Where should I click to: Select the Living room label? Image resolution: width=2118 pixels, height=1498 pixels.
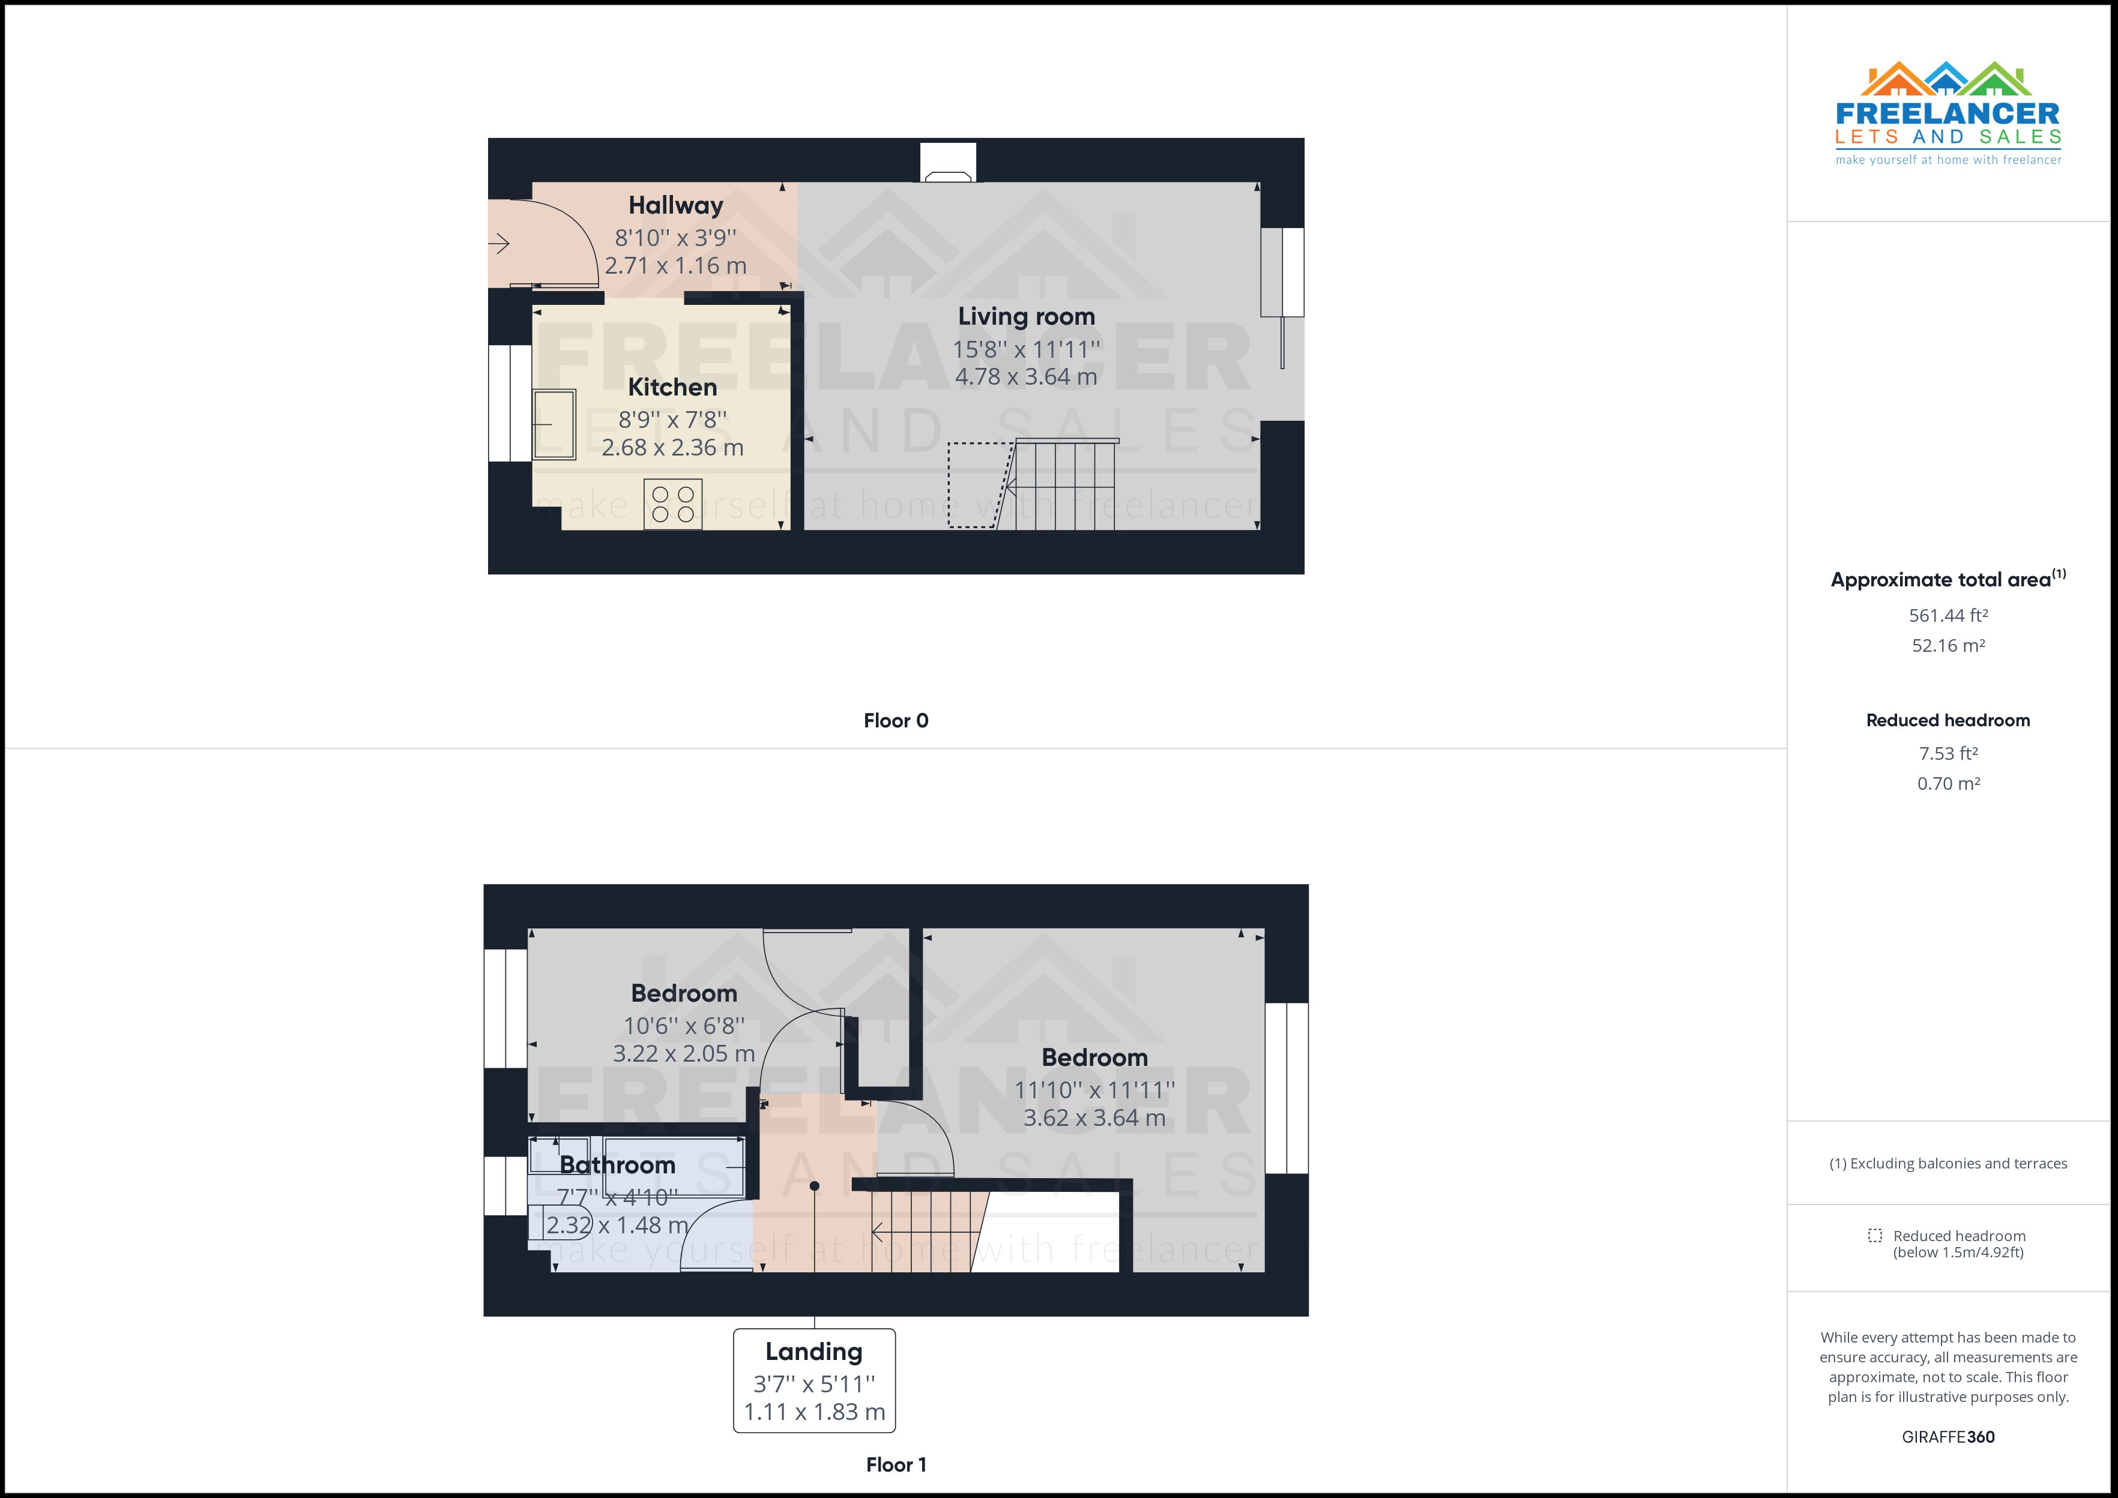pyautogui.click(x=1026, y=316)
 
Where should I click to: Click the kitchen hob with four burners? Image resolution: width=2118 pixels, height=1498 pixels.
pyautogui.click(x=672, y=505)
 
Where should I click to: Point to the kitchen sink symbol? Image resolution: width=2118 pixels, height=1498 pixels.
pyautogui.click(x=554, y=424)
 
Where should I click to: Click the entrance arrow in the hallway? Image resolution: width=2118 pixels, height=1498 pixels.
pyautogui.click(x=499, y=244)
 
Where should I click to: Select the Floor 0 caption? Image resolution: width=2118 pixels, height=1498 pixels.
pyautogui.click(x=895, y=720)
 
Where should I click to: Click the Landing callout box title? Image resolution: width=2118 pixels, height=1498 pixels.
pyautogui.click(x=813, y=1352)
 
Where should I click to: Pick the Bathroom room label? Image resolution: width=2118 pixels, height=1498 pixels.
pyautogui.click(x=617, y=1165)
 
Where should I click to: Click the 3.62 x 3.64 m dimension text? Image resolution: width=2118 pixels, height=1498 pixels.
pyautogui.click(x=1094, y=1118)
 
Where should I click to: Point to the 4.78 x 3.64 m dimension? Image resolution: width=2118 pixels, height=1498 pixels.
pyautogui.click(x=1026, y=376)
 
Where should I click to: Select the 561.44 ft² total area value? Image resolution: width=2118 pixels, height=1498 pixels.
pyautogui.click(x=1948, y=615)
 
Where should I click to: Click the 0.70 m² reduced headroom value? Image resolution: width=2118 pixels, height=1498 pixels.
pyautogui.click(x=1948, y=783)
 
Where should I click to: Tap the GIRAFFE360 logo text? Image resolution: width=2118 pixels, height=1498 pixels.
pyautogui.click(x=1948, y=1436)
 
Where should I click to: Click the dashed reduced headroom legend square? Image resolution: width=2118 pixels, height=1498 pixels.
pyautogui.click(x=1874, y=1235)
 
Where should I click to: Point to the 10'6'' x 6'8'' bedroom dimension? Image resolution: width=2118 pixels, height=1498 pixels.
pyautogui.click(x=684, y=1026)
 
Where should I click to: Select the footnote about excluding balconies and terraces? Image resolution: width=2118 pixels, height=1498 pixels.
pyautogui.click(x=1948, y=1163)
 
